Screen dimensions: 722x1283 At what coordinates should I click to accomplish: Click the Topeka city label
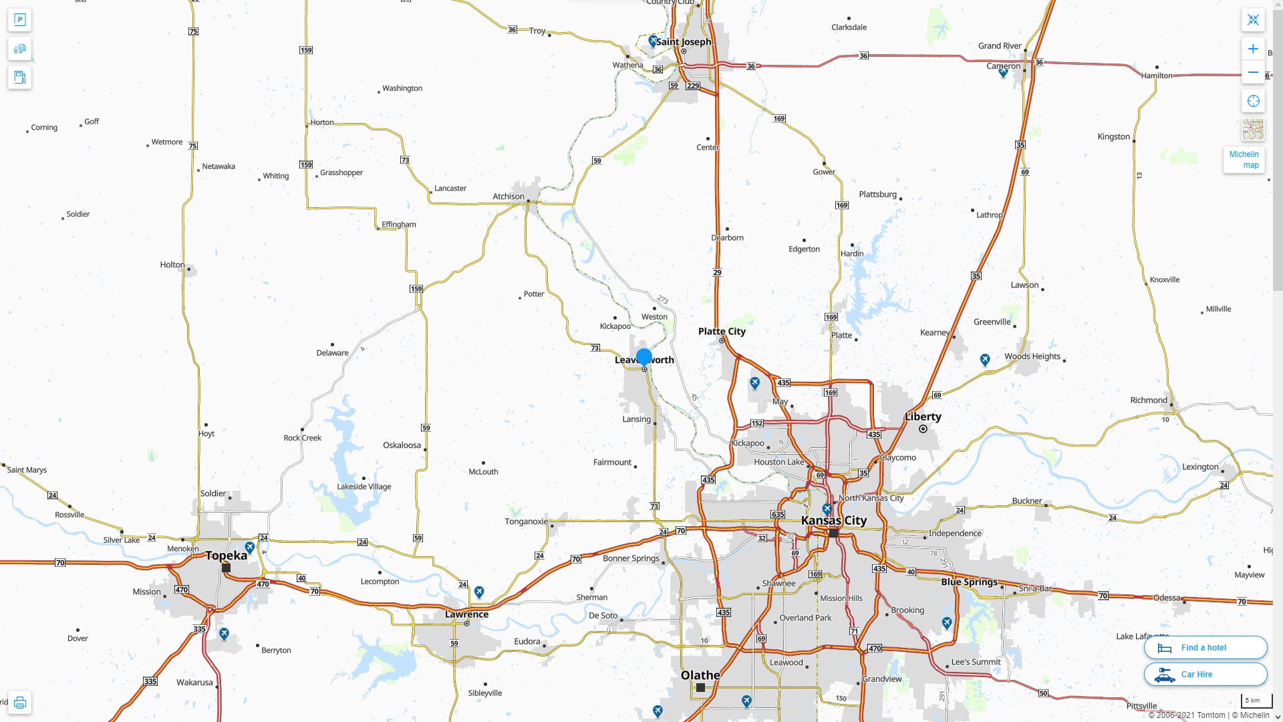coord(226,556)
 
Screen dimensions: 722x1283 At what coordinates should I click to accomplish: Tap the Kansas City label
coord(833,520)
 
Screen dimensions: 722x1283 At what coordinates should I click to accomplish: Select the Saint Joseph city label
coord(683,41)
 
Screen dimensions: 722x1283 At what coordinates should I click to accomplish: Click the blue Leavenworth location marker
coord(644,357)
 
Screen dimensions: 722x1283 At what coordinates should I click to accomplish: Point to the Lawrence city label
coord(466,614)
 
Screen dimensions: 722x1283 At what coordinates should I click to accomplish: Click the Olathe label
coord(700,675)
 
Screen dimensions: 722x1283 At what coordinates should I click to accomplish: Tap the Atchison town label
coord(508,197)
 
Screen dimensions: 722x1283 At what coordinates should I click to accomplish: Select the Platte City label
coord(722,332)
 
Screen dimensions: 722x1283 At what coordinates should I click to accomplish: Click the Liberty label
coord(923,416)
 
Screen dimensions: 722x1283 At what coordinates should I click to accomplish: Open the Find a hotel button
coord(1205,648)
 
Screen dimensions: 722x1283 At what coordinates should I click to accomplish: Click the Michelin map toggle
coord(1244,160)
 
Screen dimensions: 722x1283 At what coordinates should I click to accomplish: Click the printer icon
coord(20,703)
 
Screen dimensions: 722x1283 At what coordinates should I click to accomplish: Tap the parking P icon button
coord(20,20)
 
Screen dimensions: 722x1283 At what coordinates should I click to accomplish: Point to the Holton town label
coord(172,265)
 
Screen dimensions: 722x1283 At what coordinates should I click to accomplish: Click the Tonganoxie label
coord(526,521)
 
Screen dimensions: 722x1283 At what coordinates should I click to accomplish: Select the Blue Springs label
coord(969,582)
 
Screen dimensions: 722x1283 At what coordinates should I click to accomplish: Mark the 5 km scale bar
coord(1252,701)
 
